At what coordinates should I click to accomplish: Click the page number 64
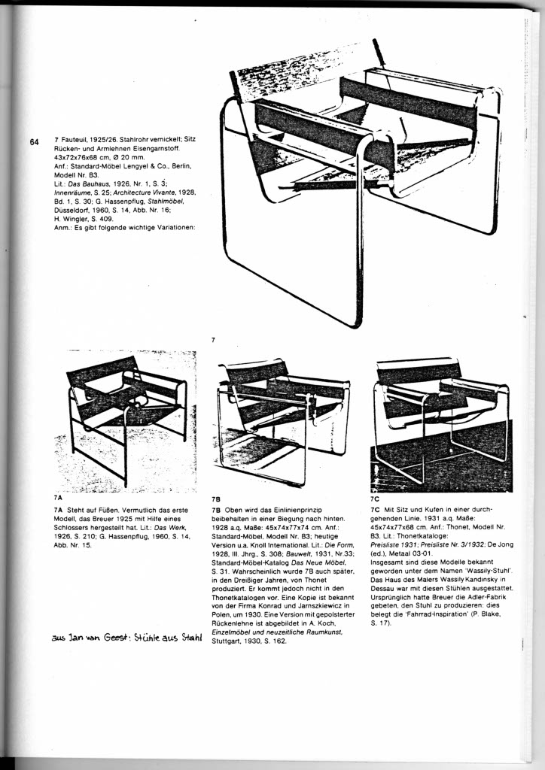point(33,142)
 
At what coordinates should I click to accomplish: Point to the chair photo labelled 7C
point(441,425)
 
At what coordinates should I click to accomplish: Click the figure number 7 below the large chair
point(213,341)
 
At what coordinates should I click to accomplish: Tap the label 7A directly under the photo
point(58,497)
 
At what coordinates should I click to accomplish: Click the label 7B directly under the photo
point(216,499)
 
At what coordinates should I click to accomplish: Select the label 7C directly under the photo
point(375,498)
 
